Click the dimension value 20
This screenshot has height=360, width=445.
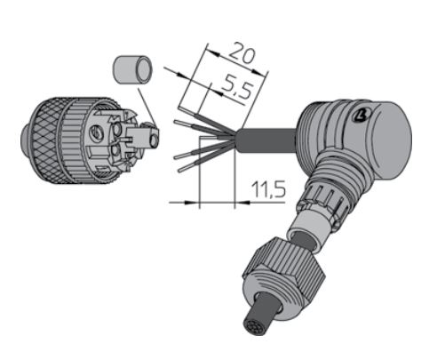click(242, 53)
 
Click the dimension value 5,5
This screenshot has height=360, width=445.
click(237, 86)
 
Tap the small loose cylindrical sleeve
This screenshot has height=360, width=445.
click(132, 69)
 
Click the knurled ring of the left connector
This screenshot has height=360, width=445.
click(49, 140)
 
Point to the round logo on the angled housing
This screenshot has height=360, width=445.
click(362, 116)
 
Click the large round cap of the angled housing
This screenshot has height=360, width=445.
click(391, 140)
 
